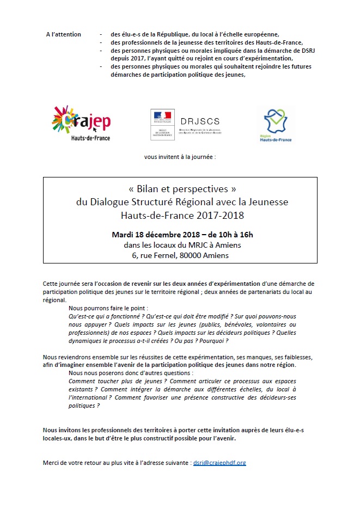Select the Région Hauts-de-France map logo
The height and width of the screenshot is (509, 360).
(x=276, y=125)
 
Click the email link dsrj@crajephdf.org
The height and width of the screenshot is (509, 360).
(x=219, y=463)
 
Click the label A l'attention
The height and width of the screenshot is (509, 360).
(x=64, y=34)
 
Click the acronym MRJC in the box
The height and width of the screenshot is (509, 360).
(x=194, y=245)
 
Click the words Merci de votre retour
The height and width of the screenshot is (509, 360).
(x=71, y=463)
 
